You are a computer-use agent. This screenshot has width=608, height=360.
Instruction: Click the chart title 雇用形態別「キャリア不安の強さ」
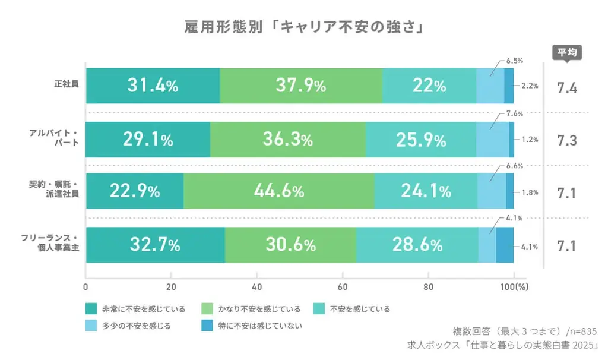(303, 27)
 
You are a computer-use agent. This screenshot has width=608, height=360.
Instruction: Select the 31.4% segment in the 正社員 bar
(153, 86)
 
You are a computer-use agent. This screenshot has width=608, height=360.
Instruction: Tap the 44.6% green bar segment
(278, 191)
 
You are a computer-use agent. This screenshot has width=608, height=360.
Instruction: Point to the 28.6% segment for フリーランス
(417, 244)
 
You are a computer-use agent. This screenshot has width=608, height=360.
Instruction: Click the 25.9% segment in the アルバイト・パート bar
(420, 140)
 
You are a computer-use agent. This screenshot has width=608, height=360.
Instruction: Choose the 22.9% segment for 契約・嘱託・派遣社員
(135, 191)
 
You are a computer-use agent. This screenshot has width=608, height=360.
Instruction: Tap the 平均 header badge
(567, 53)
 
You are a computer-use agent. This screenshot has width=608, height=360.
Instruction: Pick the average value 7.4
(567, 89)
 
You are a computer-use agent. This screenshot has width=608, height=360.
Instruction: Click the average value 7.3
(567, 141)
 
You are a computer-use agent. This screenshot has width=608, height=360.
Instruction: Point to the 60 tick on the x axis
(343, 286)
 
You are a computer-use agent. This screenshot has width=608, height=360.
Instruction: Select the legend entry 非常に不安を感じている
(143, 309)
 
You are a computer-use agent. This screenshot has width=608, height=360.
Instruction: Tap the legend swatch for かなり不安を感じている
(207, 309)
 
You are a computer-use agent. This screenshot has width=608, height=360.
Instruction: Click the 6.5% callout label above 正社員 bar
(514, 61)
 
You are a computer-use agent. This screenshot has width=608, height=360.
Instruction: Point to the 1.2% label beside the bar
(530, 140)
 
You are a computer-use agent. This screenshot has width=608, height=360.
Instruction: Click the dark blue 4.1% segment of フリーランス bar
(505, 245)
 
